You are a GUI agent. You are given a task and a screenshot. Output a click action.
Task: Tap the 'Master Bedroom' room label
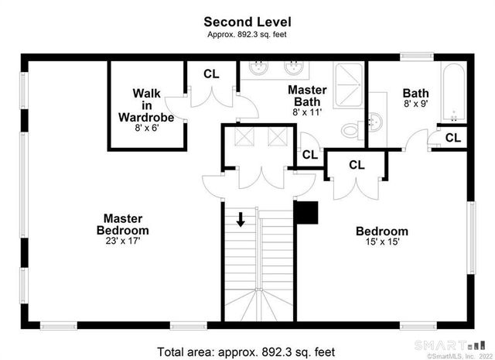(x=122, y=225)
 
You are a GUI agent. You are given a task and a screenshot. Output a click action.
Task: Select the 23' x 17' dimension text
(x=122, y=241)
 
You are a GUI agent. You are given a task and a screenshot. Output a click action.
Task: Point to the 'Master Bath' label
(x=307, y=96)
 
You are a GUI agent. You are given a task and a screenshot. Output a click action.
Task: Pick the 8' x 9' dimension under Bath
(x=415, y=103)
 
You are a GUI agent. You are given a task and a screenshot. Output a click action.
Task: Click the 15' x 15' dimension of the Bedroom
(x=382, y=243)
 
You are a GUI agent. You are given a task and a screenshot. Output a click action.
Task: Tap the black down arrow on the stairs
(x=241, y=219)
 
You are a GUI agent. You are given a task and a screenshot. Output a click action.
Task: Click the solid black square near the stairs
(x=307, y=211)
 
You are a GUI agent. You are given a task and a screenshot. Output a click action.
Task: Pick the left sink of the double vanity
(x=260, y=67)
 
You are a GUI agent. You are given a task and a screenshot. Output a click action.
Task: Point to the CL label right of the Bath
(x=453, y=138)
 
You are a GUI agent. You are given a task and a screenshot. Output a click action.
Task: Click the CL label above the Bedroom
(x=357, y=164)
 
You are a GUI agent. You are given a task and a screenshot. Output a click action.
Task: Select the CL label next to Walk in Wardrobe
(x=211, y=74)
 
